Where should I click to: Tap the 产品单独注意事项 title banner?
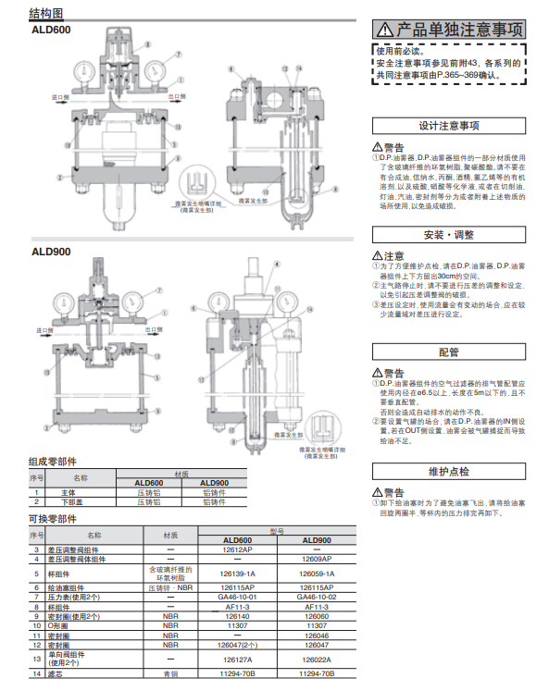pyautogui.click(x=449, y=30)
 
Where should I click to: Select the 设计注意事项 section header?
pyautogui.click(x=449, y=125)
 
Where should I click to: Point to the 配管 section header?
pyautogui.click(x=449, y=352)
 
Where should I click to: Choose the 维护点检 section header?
pyautogui.click(x=449, y=472)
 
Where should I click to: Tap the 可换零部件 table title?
pyautogui.click(x=53, y=520)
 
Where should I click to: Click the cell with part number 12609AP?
pyautogui.click(x=317, y=560)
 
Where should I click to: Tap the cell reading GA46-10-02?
pyautogui.click(x=317, y=598)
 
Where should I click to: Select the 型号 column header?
pyautogui.click(x=278, y=532)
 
